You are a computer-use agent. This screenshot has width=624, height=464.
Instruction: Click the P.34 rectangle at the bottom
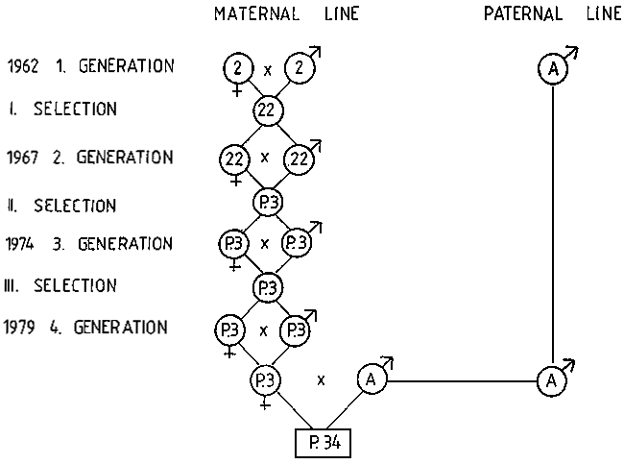[x=323, y=444]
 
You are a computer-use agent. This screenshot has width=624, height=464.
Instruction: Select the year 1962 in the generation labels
[x=22, y=67]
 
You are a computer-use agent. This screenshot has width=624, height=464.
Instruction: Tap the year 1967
[x=22, y=158]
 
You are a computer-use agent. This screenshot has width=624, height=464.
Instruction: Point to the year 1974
[x=19, y=244]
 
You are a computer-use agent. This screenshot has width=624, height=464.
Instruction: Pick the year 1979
[x=20, y=328]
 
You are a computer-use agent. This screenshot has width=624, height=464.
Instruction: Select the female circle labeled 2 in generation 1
[x=236, y=68]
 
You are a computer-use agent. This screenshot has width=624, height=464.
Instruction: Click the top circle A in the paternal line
[x=554, y=70]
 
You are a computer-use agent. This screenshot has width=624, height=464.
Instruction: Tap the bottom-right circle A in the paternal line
[x=552, y=380]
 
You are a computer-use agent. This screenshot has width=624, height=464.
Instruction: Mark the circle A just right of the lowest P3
[x=372, y=380]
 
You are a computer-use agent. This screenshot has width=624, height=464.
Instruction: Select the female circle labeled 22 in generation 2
[x=234, y=158]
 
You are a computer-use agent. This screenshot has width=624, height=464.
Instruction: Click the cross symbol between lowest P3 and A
[x=321, y=380]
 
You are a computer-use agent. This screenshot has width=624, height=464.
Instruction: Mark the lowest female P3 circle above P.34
[x=265, y=379]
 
